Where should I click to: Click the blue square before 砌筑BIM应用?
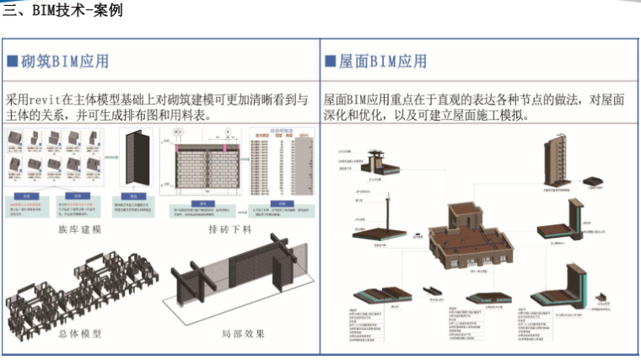point(13,62)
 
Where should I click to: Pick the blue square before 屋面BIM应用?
point(331,62)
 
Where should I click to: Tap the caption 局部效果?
point(243,334)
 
